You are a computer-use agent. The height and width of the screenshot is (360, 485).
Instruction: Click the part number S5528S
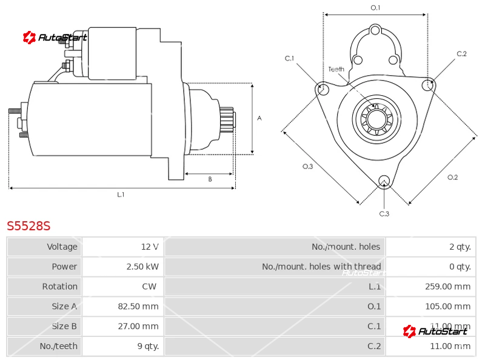[28, 226]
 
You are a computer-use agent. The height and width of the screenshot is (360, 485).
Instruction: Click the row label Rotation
[59, 286]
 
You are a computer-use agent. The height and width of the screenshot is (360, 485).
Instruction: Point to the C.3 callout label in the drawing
[384, 213]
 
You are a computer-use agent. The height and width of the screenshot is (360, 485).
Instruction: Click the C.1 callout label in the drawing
[289, 58]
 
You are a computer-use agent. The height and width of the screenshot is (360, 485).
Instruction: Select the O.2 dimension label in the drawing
[452, 177]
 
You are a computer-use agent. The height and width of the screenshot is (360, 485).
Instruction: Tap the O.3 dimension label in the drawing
[307, 167]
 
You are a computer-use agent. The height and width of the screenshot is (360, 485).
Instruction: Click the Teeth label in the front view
[336, 69]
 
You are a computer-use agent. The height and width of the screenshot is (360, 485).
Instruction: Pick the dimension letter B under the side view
[210, 179]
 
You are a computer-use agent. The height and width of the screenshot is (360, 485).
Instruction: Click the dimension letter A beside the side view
[259, 118]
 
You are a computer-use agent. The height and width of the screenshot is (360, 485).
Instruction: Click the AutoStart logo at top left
[55, 38]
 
